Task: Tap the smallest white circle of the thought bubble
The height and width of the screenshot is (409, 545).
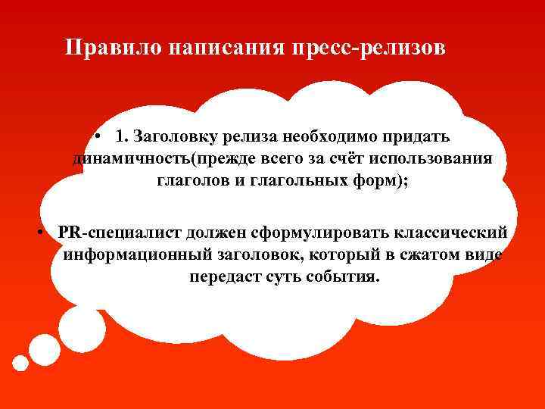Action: click(x=20, y=363)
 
